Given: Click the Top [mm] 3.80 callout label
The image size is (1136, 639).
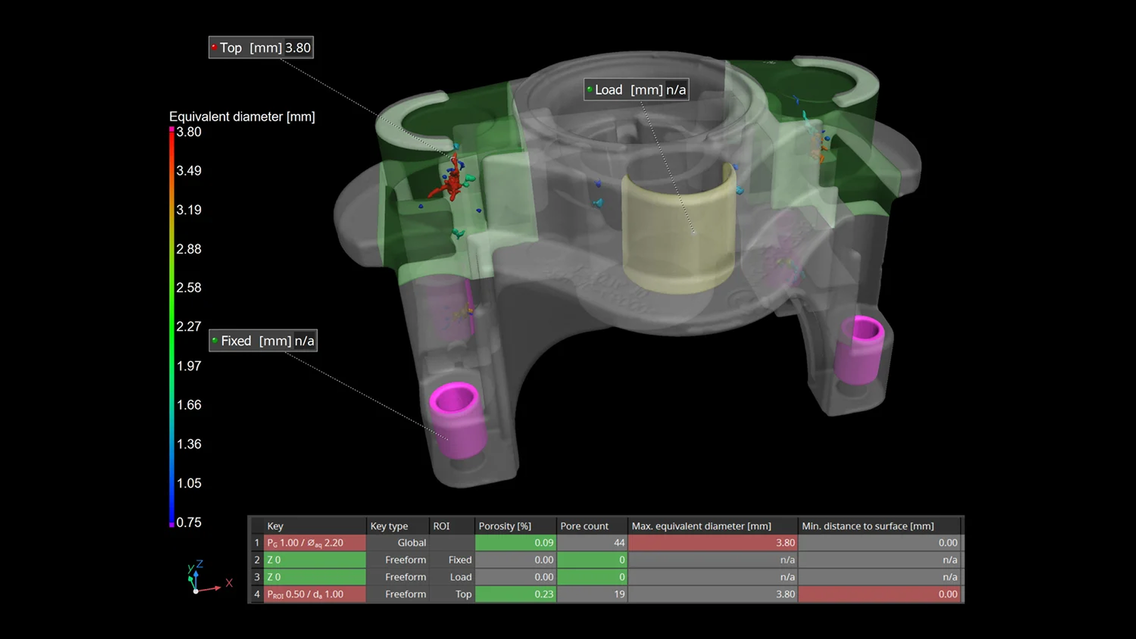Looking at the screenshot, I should [x=261, y=48].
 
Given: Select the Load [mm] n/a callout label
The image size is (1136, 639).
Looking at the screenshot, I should [x=636, y=90].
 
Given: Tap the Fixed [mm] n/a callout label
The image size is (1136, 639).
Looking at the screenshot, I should [x=263, y=341].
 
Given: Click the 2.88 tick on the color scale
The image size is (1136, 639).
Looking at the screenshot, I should [x=188, y=249].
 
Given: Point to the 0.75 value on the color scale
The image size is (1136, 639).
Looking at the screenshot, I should [x=188, y=523].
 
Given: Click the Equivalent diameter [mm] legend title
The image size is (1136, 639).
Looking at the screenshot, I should [x=242, y=116].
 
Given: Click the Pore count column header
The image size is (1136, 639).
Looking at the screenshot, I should [x=584, y=526].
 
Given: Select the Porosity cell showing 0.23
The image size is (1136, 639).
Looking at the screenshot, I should [x=515, y=594].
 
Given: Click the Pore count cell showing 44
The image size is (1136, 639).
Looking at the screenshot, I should [x=592, y=543].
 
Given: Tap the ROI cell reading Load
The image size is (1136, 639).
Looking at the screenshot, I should [x=460, y=577].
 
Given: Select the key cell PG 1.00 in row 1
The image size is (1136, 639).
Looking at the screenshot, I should [x=314, y=543].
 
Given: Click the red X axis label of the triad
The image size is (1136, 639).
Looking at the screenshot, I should [x=229, y=583].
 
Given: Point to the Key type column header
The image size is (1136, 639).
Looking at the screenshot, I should [x=389, y=526].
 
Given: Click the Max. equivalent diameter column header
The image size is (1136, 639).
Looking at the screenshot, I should [x=701, y=526].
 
